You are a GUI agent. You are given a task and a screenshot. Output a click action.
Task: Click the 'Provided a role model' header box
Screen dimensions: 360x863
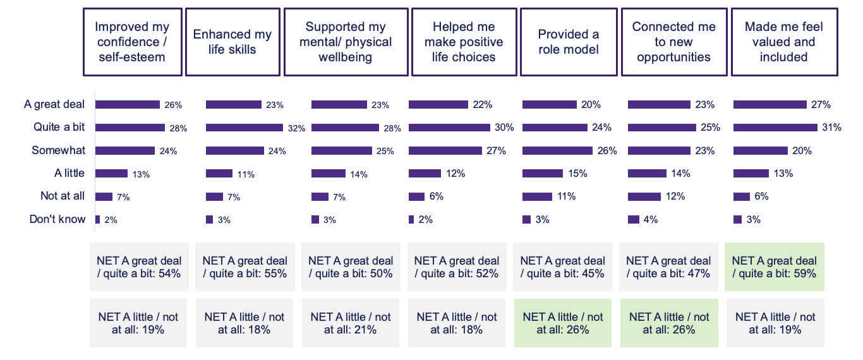tap(568, 42)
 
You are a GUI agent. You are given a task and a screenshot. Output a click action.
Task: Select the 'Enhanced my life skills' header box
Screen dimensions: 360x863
tap(232, 42)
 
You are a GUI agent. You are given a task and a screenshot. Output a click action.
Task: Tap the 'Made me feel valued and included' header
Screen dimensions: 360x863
tap(784, 42)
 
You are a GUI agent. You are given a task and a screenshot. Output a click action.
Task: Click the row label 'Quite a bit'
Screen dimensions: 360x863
tap(59, 127)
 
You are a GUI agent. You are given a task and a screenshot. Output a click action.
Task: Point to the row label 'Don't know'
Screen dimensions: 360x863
tap(57, 219)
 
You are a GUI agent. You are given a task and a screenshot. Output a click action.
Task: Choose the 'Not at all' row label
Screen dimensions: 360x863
tap(62, 196)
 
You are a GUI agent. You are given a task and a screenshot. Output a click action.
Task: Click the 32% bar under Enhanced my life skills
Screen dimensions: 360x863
tap(244, 128)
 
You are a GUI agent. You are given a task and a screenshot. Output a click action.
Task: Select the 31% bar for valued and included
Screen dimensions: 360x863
tap(775, 128)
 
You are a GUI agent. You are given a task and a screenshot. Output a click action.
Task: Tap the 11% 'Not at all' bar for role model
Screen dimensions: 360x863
tap(537, 196)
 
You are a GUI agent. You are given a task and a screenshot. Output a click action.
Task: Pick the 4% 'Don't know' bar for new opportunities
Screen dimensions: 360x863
tap(633, 219)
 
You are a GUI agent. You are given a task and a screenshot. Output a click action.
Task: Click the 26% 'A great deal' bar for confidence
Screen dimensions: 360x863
tap(128, 104)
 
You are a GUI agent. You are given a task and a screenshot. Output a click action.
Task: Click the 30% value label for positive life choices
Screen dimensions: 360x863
tap(505, 128)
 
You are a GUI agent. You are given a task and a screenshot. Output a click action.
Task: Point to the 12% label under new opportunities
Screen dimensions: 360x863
tap(675, 196)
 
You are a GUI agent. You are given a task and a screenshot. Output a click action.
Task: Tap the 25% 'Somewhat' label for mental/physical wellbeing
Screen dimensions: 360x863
tap(385, 151)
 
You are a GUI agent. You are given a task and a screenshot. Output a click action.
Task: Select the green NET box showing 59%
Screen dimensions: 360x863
tap(774, 267)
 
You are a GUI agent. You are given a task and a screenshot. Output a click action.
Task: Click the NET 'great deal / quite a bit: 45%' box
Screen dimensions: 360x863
tap(562, 267)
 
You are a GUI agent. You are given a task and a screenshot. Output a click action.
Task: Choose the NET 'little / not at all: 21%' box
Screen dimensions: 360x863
tap(350, 323)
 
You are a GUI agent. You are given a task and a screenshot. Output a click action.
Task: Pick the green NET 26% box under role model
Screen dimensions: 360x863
tap(562, 323)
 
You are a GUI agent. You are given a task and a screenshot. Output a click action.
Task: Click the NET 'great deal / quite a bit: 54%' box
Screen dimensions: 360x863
tap(138, 267)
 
